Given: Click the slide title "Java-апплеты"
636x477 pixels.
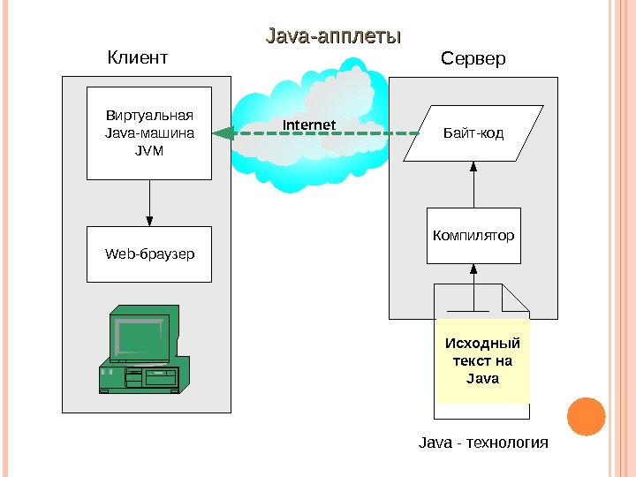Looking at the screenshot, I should point(334,37).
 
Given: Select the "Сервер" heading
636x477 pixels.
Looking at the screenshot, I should point(473,59).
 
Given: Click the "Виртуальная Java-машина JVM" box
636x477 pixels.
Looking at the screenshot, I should point(149,132).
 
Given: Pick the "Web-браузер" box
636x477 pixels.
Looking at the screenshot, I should point(149,254).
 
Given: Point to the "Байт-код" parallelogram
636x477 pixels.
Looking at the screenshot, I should point(473,134).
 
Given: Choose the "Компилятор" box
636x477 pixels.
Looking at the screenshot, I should point(473,236).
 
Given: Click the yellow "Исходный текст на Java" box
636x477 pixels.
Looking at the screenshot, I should point(481,361).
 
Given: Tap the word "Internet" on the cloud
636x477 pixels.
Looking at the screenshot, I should point(309,125).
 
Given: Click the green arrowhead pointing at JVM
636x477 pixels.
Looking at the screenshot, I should point(223,133).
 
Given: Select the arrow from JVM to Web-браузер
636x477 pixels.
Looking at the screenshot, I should point(149,202).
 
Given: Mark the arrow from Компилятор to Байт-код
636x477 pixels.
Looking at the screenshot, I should point(473,185).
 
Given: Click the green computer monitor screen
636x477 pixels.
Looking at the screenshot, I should point(140,337).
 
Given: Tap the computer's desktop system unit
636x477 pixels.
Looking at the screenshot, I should point(141,378).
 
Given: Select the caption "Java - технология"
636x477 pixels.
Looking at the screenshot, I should point(482,442).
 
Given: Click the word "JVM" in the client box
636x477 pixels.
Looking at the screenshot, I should point(149,149).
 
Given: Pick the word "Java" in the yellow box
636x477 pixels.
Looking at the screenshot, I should point(482,378).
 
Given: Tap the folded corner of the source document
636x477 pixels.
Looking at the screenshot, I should point(515,298).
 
